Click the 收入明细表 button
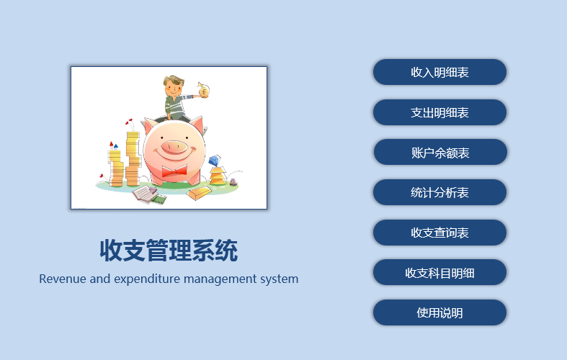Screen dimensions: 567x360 click(x=439, y=72)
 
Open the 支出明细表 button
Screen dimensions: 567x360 click(x=439, y=112)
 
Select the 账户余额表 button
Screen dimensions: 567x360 click(x=440, y=152)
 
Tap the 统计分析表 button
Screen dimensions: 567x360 click(x=439, y=192)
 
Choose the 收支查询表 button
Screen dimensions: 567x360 click(x=439, y=233)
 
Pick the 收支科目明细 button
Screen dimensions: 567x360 click(x=439, y=273)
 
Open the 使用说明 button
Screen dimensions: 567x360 click(x=439, y=312)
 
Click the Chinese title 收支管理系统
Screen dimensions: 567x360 click(x=169, y=250)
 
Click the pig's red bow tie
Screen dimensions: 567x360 click(x=174, y=171)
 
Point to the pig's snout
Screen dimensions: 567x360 click(x=174, y=147)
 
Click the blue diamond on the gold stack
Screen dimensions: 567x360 click(x=215, y=161)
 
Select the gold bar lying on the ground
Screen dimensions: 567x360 click(x=199, y=194)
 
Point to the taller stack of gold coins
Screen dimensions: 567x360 click(x=133, y=159)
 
